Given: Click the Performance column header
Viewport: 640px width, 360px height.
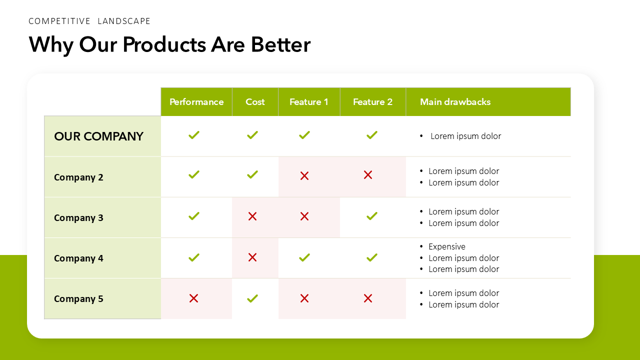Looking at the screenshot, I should click(196, 102).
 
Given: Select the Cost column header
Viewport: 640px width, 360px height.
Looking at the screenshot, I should click(255, 102).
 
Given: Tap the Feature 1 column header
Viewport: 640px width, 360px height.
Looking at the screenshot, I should click(309, 102).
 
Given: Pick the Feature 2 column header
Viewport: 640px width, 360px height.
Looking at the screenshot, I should click(372, 102).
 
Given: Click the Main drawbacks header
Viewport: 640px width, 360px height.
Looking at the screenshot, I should click(455, 102).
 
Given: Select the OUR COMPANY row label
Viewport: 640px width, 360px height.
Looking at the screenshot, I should click(98, 136).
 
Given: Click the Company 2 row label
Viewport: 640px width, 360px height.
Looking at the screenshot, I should click(78, 177).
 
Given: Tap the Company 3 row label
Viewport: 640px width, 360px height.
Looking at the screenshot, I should click(78, 218).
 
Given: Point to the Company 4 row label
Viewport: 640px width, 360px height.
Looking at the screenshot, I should click(78, 258).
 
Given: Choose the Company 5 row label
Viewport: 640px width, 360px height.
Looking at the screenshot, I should click(78, 299).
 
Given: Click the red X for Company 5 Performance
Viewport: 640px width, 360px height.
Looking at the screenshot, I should click(194, 298).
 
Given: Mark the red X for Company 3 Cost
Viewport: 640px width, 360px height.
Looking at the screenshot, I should click(252, 216).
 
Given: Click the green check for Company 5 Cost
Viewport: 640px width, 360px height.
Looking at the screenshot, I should click(252, 298).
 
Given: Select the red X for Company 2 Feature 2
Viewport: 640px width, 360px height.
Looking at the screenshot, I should click(368, 175).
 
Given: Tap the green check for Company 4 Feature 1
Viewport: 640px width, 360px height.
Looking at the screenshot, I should click(304, 257).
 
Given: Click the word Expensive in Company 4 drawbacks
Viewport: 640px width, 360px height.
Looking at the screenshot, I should click(446, 246).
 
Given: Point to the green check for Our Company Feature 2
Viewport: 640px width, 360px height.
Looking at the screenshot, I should click(371, 135).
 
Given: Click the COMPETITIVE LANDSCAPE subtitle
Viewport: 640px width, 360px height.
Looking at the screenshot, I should click(89, 21).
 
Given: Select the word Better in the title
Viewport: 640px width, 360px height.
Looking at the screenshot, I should click(280, 44).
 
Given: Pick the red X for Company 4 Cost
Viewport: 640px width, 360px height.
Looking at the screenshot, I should click(252, 257).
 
